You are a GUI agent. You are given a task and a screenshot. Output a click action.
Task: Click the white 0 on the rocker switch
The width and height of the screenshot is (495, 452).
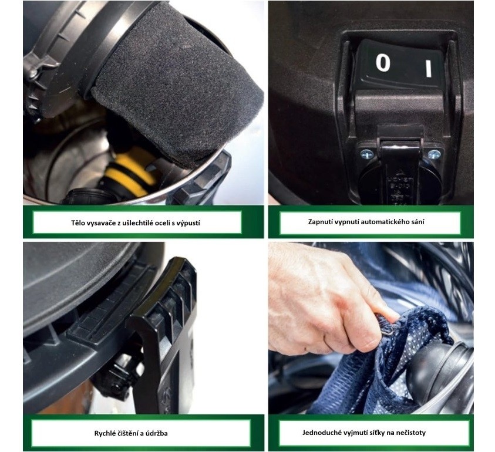383,62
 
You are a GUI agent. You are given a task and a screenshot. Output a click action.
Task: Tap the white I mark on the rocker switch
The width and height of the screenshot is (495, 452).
429,69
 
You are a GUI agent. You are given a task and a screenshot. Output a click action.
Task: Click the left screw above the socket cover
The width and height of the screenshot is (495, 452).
366,154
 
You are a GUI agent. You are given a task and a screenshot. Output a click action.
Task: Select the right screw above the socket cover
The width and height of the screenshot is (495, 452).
435,154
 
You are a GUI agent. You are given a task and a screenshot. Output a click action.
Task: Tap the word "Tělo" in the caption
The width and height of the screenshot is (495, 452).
78,223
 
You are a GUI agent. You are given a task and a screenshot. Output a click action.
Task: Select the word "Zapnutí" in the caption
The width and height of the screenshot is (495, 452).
319,222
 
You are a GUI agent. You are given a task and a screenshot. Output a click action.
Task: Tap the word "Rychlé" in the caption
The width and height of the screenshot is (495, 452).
105,433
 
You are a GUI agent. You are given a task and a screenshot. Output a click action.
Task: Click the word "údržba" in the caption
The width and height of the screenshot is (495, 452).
156,433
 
